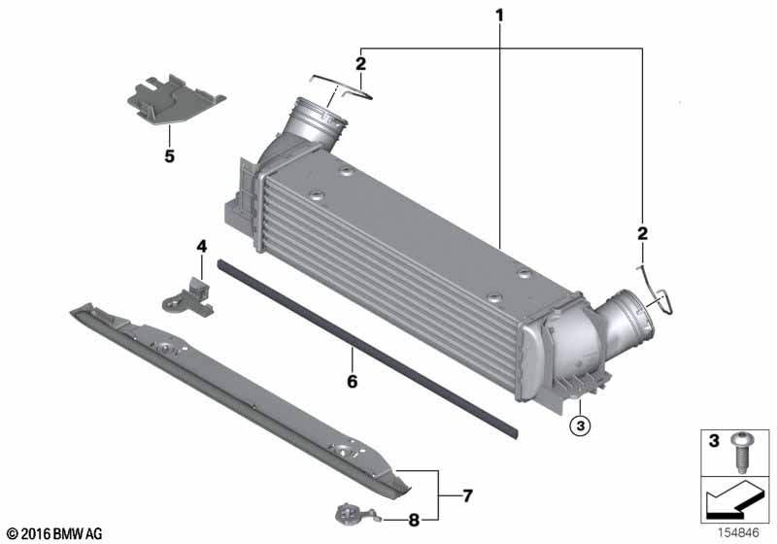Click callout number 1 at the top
click(x=499, y=16)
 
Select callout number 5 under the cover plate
click(x=169, y=155)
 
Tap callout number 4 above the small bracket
click(x=202, y=247)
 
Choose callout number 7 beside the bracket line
click(x=467, y=496)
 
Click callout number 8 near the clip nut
click(x=414, y=520)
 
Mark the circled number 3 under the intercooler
click(x=579, y=425)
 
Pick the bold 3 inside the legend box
click(x=712, y=442)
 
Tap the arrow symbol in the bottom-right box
click(x=736, y=500)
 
